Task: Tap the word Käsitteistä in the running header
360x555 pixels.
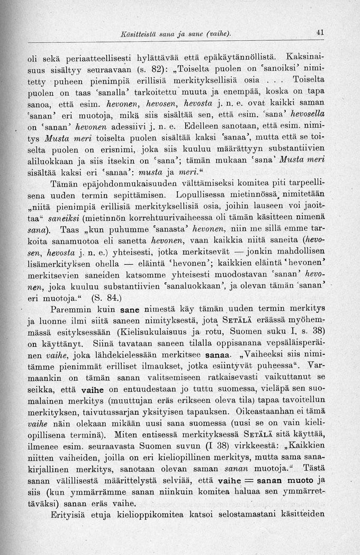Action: coord(140,33)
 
